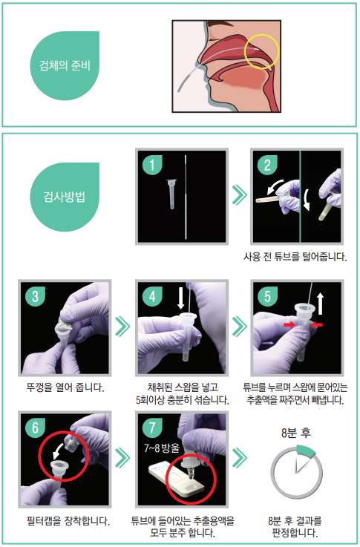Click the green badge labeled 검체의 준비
[65, 65]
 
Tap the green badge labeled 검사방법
[65, 197]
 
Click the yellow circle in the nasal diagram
[261, 52]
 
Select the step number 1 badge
[152, 164]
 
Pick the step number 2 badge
[267, 164]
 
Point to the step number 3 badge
[36, 296]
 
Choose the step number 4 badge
[152, 296]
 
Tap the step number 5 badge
[267, 296]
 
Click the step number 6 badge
[36, 428]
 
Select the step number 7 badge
[152, 428]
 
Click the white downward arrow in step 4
[180, 298]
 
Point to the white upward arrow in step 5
[320, 304]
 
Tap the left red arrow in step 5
[289, 325]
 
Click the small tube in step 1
[171, 194]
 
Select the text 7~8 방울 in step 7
[162, 448]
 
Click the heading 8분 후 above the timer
[296, 433]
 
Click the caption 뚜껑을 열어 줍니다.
[65, 387]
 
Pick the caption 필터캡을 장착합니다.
[68, 521]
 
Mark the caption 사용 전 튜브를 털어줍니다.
[295, 257]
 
